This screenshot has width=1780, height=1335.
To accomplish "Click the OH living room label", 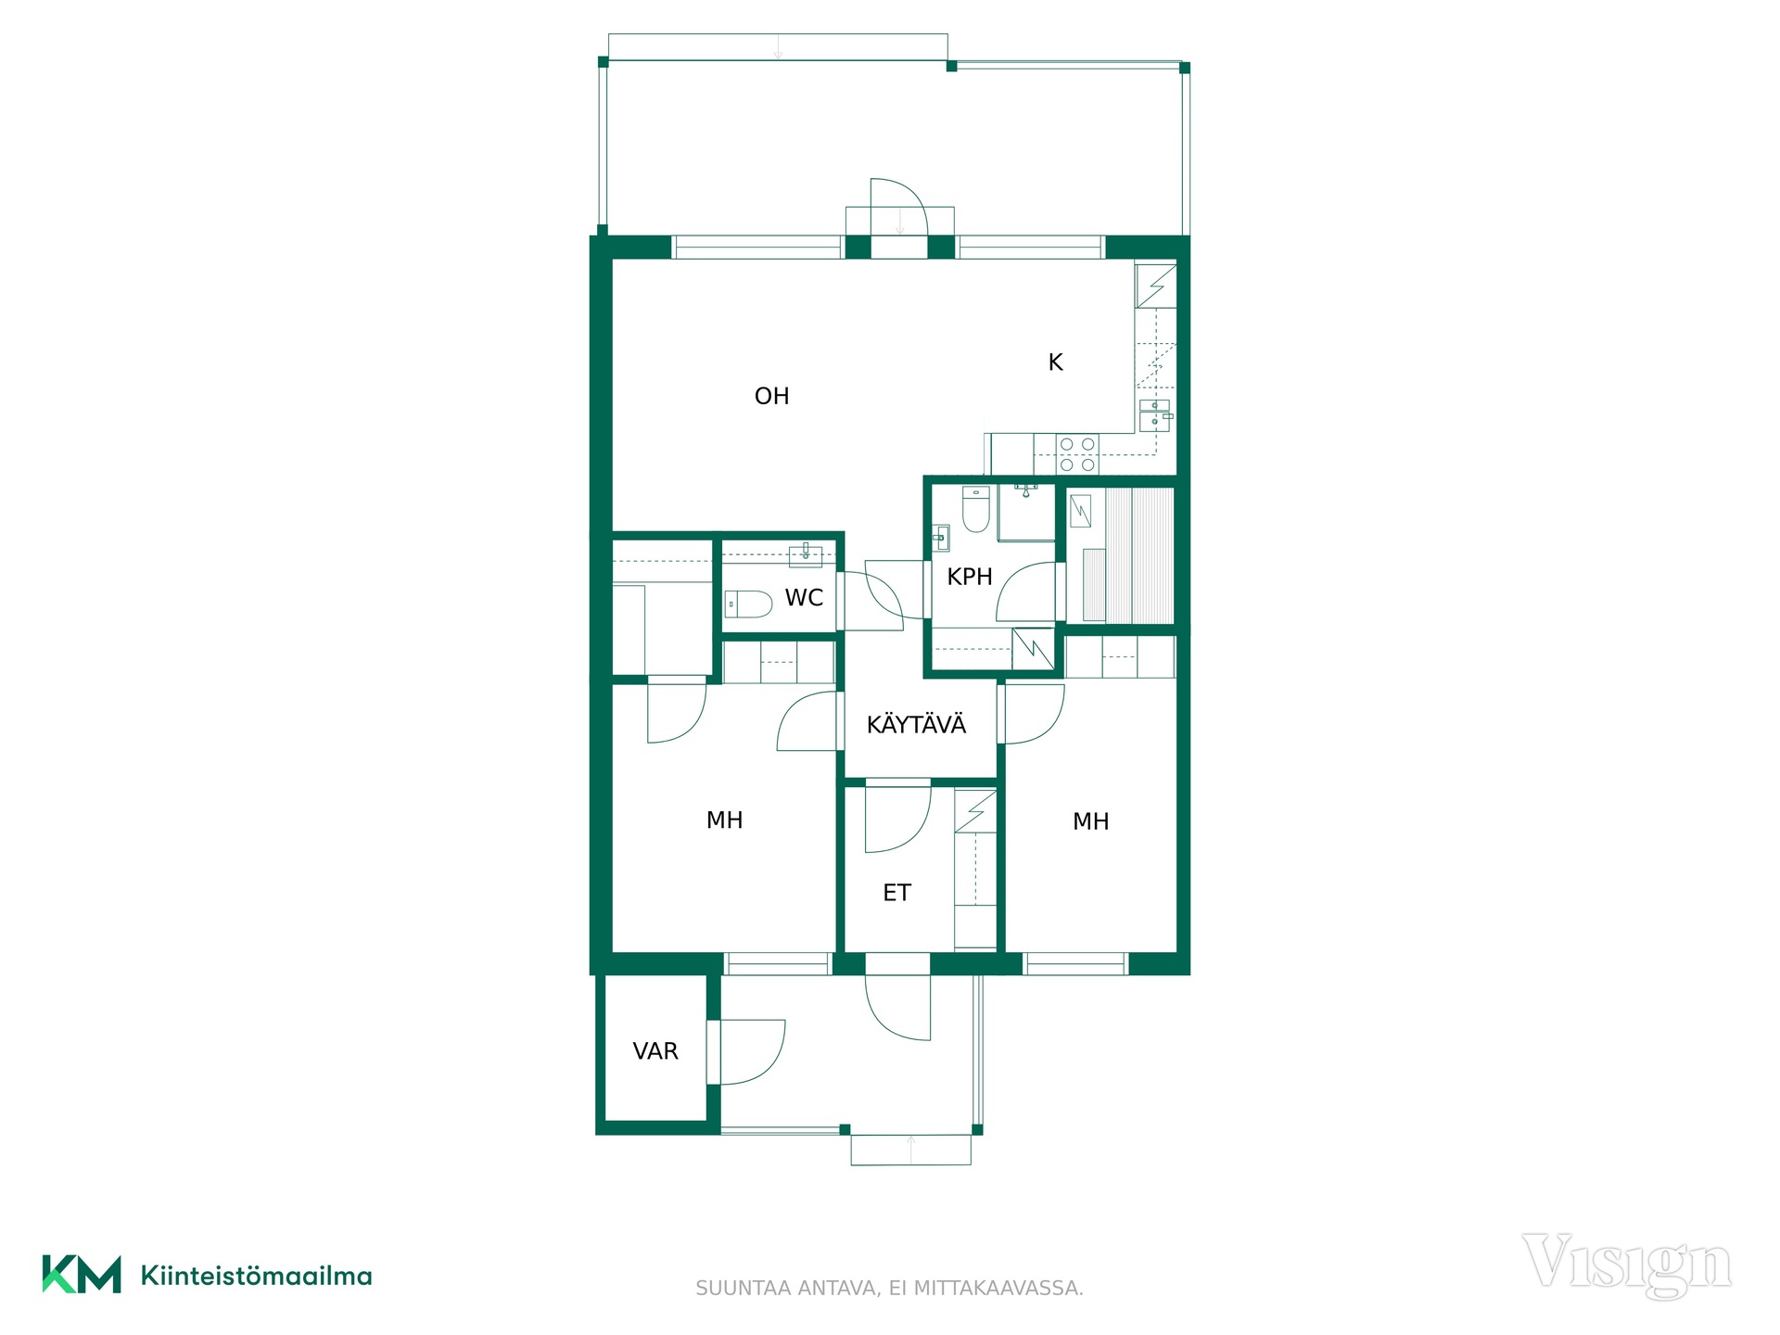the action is pyautogui.click(x=771, y=397).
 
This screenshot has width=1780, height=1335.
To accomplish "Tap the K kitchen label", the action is pyautogui.click(x=1055, y=362).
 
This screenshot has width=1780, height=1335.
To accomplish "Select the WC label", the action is pyautogui.click(x=804, y=598).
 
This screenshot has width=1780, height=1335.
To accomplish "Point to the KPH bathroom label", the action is pyautogui.click(x=970, y=577).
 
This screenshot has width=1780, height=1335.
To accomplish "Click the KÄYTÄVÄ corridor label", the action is pyautogui.click(x=916, y=724).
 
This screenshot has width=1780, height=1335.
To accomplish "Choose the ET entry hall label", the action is pyautogui.click(x=896, y=893).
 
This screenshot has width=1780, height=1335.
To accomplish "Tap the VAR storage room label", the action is pyautogui.click(x=655, y=1051).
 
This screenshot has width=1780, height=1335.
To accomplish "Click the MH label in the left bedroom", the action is pyautogui.click(x=724, y=820).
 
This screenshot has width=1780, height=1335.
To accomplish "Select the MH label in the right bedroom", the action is pyautogui.click(x=1090, y=821).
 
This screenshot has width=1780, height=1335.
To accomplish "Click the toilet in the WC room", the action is pyautogui.click(x=748, y=604).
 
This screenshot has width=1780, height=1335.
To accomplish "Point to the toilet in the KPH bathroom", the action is pyautogui.click(x=975, y=509).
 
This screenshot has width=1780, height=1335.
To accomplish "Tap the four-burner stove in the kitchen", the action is pyautogui.click(x=1077, y=454).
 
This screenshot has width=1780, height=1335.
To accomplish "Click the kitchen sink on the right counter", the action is pyautogui.click(x=1155, y=415).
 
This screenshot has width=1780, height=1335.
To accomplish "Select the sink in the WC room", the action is pyautogui.click(x=805, y=555).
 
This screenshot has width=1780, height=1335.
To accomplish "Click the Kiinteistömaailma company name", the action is pyautogui.click(x=256, y=1276).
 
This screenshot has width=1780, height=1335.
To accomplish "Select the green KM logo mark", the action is pyautogui.click(x=82, y=1274).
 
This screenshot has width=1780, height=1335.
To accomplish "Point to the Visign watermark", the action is pyautogui.click(x=1626, y=1265).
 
